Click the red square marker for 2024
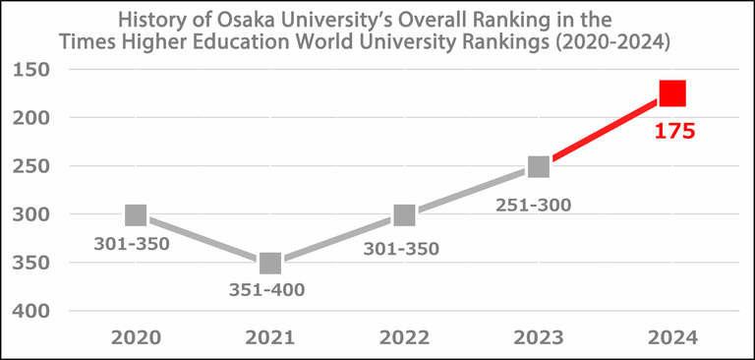pos(672,93)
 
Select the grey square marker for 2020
pos(136,214)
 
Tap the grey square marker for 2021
pos(270,263)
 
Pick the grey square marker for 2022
pos(404,214)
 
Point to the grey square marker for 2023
pos(538,166)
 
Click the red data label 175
pos(675,130)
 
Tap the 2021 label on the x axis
pos(270,337)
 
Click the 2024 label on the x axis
pos(672,337)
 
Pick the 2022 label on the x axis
pos(404,337)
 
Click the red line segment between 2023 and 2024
pos(606,130)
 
